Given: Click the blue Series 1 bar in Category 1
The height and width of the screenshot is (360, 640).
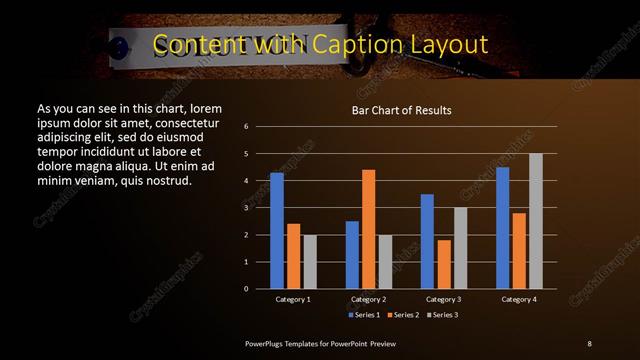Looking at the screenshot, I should click(277, 230).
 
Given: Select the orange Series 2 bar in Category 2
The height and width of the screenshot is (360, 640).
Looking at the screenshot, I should click(369, 229).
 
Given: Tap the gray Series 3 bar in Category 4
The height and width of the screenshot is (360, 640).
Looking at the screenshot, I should click(536, 221).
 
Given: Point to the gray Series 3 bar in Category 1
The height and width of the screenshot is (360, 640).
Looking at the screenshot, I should click(310, 262).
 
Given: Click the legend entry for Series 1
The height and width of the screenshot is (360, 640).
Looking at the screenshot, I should click(365, 315).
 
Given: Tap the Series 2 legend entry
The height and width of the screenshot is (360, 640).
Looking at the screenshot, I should click(405, 315).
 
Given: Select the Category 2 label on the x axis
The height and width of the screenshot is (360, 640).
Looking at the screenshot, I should click(369, 299).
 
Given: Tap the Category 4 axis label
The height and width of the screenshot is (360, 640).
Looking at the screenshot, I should click(519, 299).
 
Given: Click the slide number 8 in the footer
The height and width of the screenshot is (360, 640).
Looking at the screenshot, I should click(589, 343).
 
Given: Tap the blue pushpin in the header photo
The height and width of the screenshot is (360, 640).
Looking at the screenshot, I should click(119, 44).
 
